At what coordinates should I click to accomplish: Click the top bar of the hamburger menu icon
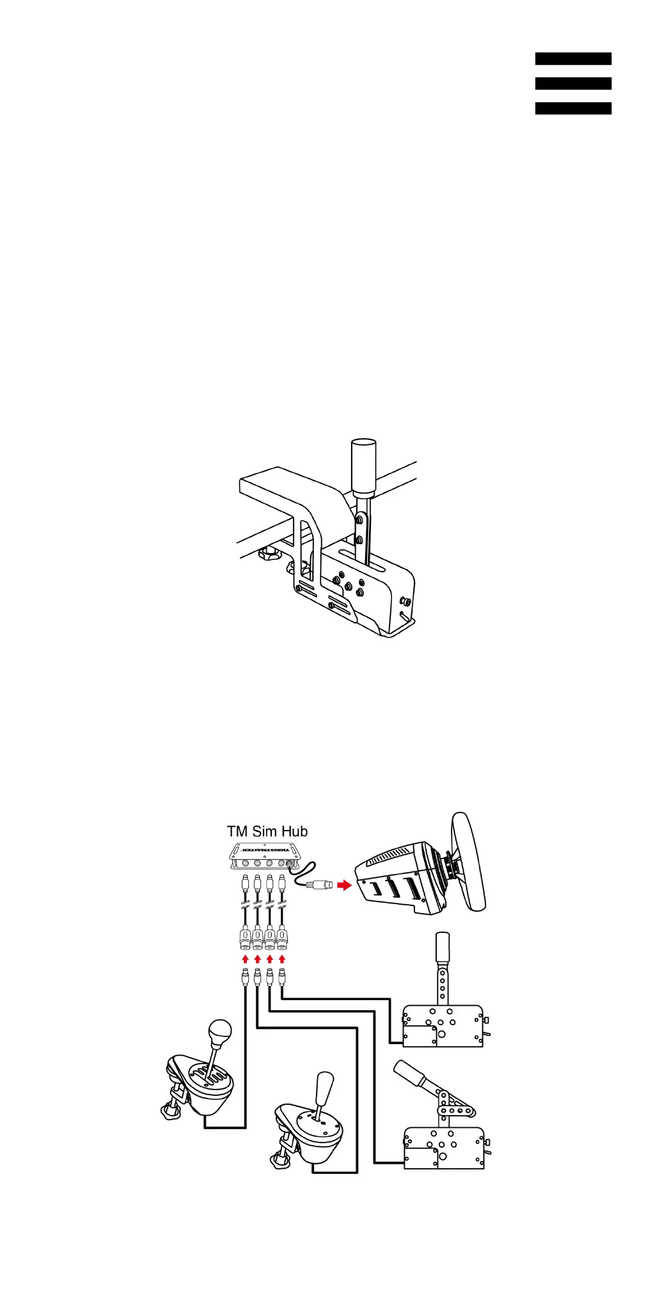[573, 59]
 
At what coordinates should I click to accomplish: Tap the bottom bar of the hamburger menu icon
[573, 109]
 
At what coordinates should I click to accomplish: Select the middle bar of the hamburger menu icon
[573, 84]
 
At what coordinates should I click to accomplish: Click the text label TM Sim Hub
[267, 831]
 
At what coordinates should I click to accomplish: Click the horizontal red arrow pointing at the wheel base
[345, 886]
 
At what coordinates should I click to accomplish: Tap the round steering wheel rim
[469, 861]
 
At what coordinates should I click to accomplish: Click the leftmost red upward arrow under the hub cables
[245, 959]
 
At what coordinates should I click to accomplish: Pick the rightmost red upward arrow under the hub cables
[282, 959]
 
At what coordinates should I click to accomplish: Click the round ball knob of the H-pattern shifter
[220, 1031]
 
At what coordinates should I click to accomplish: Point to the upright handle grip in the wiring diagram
[443, 946]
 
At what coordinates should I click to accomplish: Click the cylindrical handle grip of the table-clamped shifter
[364, 467]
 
